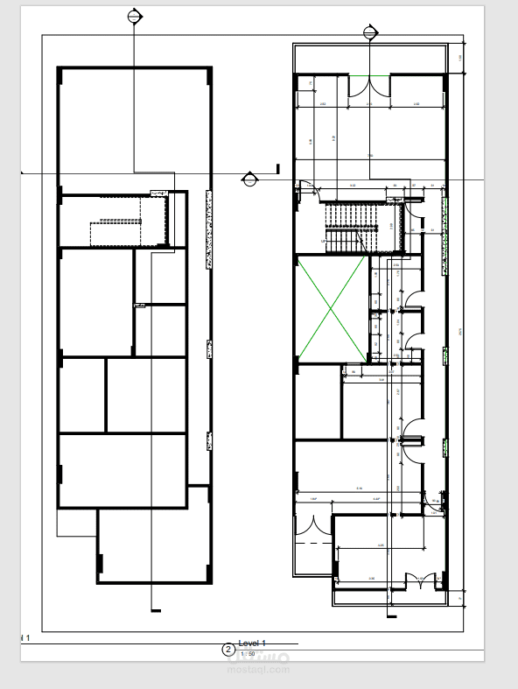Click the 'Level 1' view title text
tap(252, 643)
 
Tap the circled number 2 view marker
tap(228, 650)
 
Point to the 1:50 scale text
tap(248, 654)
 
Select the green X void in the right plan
tap(331, 308)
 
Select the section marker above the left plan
tap(134, 16)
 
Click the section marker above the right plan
tap(371, 32)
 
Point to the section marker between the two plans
tap(249, 179)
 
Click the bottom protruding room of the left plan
tap(155, 545)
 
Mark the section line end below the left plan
tap(156, 609)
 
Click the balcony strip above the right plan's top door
tap(371, 59)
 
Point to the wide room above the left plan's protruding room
tap(122, 469)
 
